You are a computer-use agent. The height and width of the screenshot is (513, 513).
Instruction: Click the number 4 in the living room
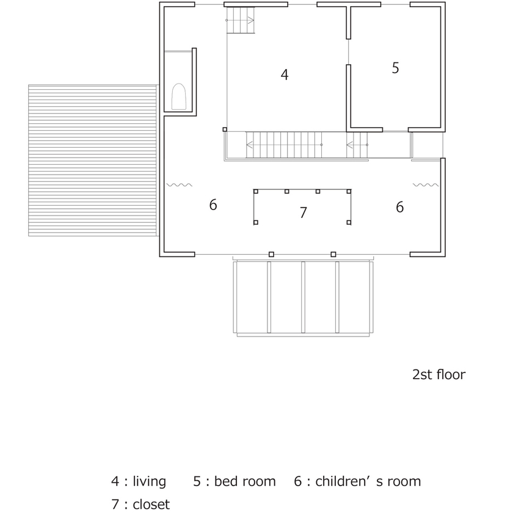pos(285,75)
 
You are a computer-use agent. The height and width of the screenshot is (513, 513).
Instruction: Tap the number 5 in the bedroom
pos(396,68)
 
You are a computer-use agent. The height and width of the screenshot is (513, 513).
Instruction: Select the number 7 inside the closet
pos(303,213)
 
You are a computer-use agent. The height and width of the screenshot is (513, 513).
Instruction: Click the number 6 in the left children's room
pos(213,205)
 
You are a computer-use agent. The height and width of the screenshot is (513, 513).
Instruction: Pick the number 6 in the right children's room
pos(399,208)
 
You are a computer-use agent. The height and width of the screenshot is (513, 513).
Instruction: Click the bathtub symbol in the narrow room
pos(179,96)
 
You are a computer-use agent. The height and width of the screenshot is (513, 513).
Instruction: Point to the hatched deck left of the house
pos(92,160)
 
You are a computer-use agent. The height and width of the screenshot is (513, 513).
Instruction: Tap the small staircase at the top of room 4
pos(241,21)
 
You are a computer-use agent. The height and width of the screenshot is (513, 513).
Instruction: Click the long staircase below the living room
pos(284,145)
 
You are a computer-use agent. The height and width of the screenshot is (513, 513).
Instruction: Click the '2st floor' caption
pos(438,374)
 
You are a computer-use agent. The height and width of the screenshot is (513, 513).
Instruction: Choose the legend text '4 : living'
pos(139,481)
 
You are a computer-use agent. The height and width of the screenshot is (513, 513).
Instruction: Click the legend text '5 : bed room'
pos(235,481)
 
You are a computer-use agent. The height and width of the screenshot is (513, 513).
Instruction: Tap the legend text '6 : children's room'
pos(357,481)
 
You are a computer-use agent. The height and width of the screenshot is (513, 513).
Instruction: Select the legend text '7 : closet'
pos(140,504)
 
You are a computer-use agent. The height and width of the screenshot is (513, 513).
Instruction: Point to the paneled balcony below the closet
pos(304,297)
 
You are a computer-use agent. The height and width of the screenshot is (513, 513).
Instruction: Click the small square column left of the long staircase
pos(225,129)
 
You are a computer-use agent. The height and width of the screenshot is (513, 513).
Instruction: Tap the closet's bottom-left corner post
pos(256,222)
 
